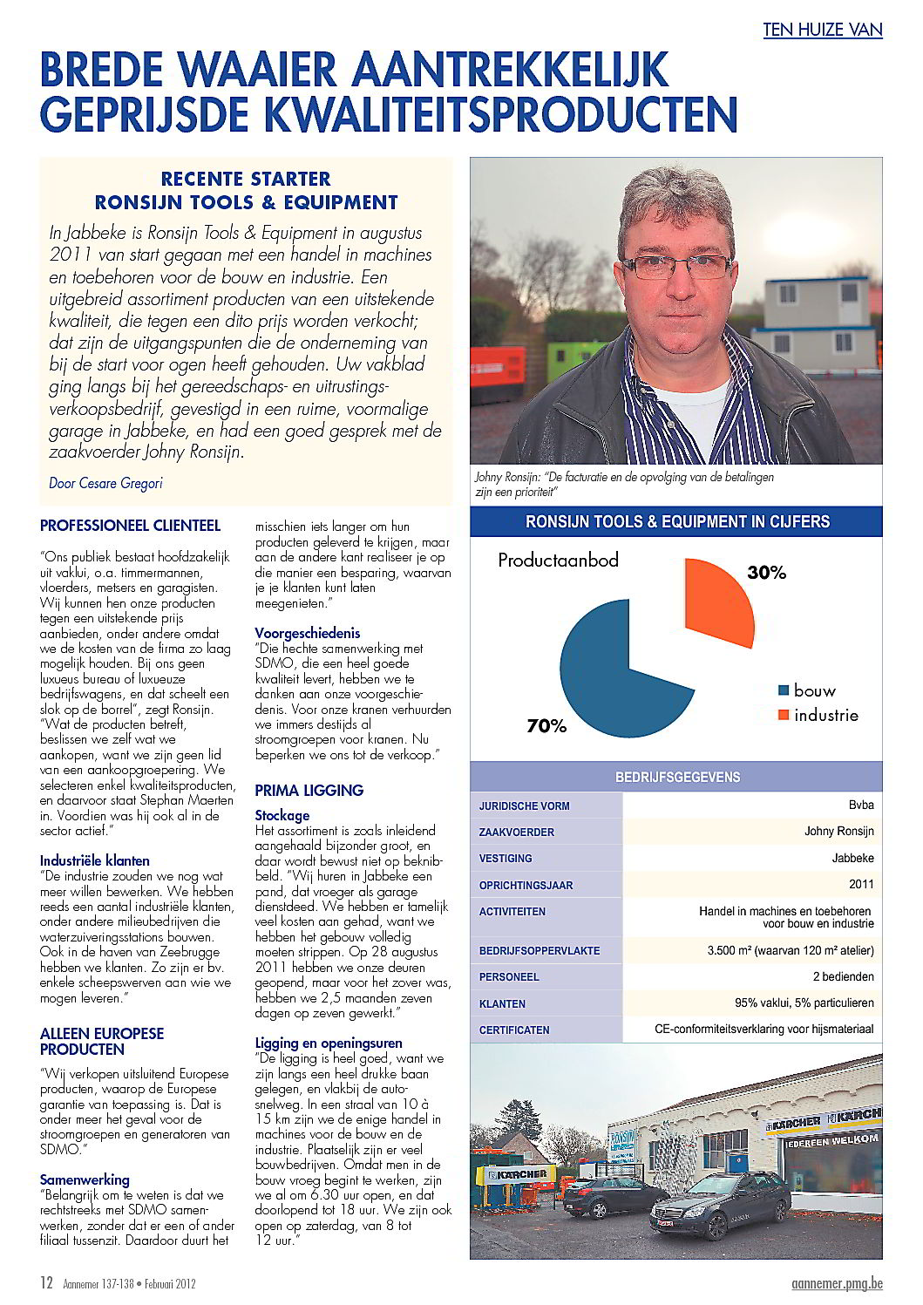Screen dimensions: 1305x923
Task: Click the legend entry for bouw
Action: pyautogui.click(x=806, y=690)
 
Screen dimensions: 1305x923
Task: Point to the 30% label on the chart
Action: pyautogui.click(x=766, y=573)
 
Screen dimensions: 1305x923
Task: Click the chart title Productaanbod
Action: pyautogui.click(x=558, y=561)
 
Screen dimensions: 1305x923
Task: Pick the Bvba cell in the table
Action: pyautogui.click(x=860, y=805)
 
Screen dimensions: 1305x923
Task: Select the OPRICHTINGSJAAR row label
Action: pyautogui.click(x=526, y=885)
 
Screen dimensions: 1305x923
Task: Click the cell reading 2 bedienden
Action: pyautogui.click(x=843, y=976)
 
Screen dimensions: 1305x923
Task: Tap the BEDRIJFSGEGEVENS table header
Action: pyautogui.click(x=677, y=777)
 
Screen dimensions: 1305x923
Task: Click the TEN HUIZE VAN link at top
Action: pyautogui.click(x=822, y=30)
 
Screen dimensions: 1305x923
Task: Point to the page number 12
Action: pyautogui.click(x=47, y=1282)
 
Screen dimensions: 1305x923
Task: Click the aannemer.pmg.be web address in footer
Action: pyautogui.click(x=837, y=1283)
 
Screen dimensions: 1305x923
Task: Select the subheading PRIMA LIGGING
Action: pyautogui.click(x=309, y=791)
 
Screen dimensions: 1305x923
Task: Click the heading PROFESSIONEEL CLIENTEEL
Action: pyautogui.click(x=130, y=526)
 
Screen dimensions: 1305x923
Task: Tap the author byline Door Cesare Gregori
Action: pyautogui.click(x=105, y=483)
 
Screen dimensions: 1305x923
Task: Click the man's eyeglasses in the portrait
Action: pyautogui.click(x=675, y=265)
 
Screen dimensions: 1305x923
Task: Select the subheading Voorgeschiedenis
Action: pyautogui.click(x=307, y=633)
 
